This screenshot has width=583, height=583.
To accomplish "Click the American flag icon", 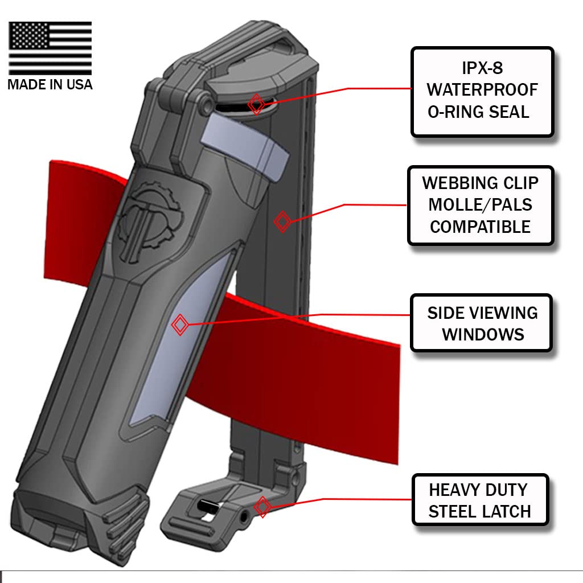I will coord(50,48).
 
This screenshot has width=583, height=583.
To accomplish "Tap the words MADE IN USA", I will coord(50,84).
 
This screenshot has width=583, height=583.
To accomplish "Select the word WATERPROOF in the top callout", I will coord(482,90).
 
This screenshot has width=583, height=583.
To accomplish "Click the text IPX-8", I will coord(482,68).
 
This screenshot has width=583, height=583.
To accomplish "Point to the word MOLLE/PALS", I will coord(480,205).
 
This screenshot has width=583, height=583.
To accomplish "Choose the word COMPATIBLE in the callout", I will coord(480,227).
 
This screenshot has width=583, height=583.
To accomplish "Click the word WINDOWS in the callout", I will coord(483,334).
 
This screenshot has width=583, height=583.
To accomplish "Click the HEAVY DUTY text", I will coord(478,490).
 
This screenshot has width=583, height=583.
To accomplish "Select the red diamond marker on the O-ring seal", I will coord(256,104).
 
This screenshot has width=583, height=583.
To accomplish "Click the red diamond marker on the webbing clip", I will coord(282,221).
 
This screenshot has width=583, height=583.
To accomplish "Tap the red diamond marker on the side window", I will coord(180,325).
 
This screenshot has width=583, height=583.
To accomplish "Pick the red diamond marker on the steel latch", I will coord(262,506).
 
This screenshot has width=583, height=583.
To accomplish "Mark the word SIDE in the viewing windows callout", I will coord(445,313).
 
